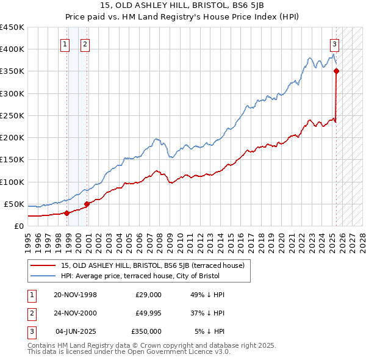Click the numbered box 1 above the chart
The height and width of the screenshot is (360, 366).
65,43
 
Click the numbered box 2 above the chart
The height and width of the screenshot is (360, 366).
85,43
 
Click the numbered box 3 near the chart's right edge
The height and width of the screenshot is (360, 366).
335,43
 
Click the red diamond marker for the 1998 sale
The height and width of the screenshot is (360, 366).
66,213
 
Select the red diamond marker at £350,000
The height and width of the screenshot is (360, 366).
336,71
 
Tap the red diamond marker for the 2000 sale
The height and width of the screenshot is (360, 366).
87,204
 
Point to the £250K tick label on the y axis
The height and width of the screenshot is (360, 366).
12,115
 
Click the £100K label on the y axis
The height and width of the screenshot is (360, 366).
12,182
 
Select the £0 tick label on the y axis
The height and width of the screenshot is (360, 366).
18,226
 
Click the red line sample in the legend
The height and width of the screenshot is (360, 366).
43,265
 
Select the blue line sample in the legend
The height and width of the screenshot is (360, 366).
43,276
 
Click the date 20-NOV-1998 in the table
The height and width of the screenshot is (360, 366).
75,295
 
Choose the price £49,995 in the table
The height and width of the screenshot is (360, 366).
149,313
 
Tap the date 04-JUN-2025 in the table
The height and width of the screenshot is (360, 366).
76,331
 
